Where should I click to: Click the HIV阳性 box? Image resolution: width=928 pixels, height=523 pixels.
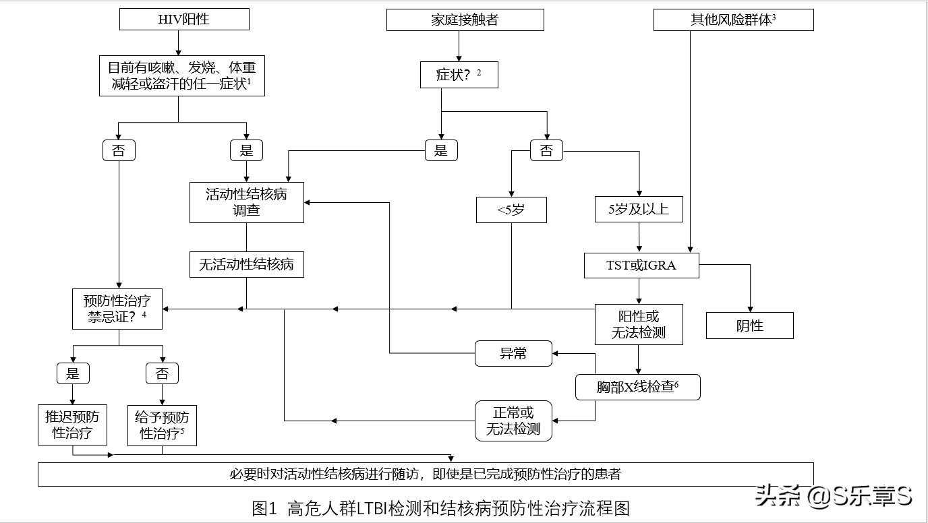point(184,19)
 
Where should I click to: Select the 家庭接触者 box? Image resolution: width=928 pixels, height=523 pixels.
point(465,20)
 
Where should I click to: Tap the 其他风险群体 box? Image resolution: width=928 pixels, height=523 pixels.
point(733,20)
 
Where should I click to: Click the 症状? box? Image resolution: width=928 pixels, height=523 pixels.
point(459,75)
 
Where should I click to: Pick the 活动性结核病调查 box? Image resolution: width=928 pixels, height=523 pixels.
point(246,202)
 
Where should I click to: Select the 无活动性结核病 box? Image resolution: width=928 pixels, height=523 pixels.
point(246,264)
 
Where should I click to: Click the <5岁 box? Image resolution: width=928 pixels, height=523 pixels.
point(511,210)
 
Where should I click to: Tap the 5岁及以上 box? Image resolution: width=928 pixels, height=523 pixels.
point(638,209)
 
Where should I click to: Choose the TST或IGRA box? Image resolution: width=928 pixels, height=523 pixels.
point(641,265)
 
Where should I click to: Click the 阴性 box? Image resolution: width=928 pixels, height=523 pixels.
point(749,326)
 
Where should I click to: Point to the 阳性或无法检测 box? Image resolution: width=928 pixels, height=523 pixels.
point(638,324)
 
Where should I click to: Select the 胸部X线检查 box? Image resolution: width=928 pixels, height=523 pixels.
point(637,388)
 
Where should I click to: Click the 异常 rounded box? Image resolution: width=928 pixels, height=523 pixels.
point(513,353)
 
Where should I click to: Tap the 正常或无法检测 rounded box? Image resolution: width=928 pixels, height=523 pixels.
point(513,421)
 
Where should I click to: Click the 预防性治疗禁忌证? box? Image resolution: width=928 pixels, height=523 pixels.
point(117,309)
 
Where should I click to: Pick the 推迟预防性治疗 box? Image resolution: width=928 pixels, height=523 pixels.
point(72,425)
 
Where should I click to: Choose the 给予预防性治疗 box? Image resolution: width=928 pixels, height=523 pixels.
point(162,425)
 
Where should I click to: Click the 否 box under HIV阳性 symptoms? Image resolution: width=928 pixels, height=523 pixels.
point(119,150)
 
